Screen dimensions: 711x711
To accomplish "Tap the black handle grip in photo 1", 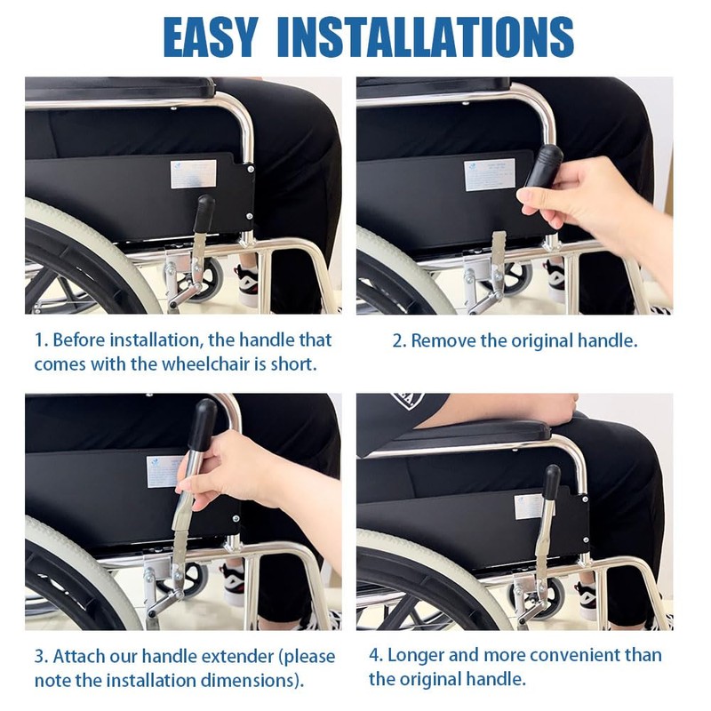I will click(204, 212).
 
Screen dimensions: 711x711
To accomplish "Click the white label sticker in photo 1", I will click(193, 173).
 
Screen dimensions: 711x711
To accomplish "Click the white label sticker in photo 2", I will click(489, 174).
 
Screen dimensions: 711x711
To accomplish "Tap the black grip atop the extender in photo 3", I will click(204, 424).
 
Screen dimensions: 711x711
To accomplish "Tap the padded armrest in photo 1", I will click(120, 87).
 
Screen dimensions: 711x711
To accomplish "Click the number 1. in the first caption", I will click(40, 340).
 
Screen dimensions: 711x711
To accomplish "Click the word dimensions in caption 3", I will click(252, 681).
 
